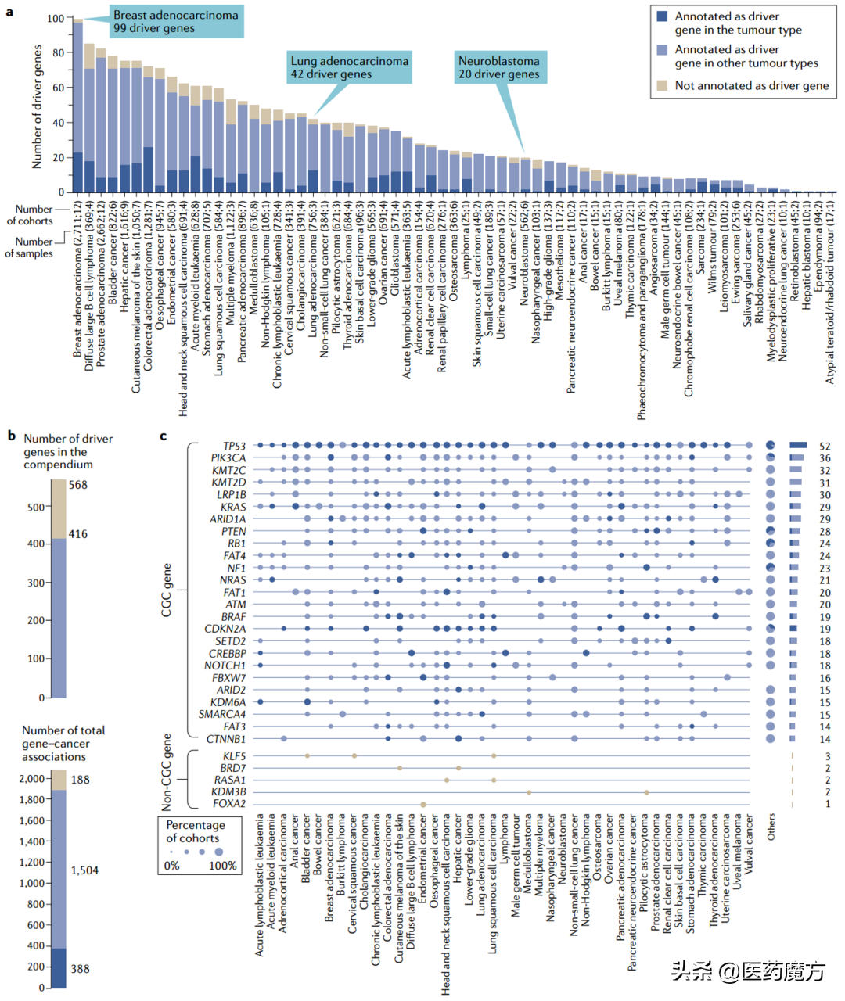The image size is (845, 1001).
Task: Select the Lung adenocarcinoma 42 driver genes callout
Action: pyautogui.click(x=349, y=67)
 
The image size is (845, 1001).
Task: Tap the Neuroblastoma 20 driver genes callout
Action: pyautogui.click(x=498, y=67)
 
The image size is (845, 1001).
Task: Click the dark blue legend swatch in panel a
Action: pyautogui.click(x=662, y=16)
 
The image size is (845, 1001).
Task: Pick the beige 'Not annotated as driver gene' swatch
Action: pyautogui.click(x=662, y=85)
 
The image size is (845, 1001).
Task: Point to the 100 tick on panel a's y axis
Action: pyautogui.click(x=55, y=18)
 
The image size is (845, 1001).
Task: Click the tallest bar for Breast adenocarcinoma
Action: pyautogui.click(x=77, y=106)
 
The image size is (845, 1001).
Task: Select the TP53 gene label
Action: pyautogui.click(x=234, y=446)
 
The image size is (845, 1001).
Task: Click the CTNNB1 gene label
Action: pyautogui.click(x=226, y=739)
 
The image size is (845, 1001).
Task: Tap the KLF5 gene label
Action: pyautogui.click(x=234, y=756)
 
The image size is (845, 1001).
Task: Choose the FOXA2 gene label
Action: pyautogui.click(x=229, y=804)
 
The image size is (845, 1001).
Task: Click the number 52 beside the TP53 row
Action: pyautogui.click(x=825, y=446)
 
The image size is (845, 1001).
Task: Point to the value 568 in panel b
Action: pyautogui.click(x=78, y=485)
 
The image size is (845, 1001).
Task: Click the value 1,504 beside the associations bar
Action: pyautogui.click(x=84, y=870)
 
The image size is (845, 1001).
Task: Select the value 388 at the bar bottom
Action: pyautogui.click(x=80, y=969)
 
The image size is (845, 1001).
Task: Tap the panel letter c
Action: pyautogui.click(x=163, y=436)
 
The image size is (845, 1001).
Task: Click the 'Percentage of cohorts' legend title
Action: pyautogui.click(x=196, y=831)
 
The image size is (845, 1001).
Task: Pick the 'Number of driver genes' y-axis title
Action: pyautogui.click(x=37, y=106)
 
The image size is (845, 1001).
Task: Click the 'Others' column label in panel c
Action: pyautogui.click(x=771, y=827)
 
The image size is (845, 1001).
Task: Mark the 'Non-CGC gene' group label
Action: pyautogui.click(x=167, y=772)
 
